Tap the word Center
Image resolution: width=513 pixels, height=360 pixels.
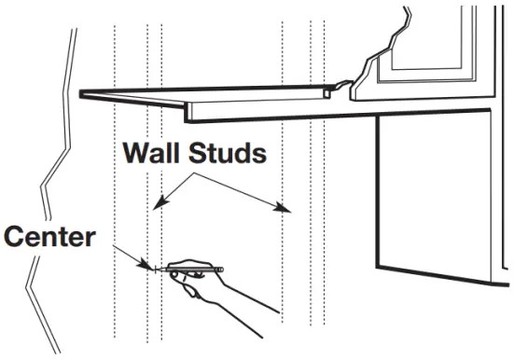coord(49,236)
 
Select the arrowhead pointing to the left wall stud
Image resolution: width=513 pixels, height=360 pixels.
coord(159,202)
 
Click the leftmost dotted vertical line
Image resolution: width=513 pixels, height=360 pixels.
coord(114,187)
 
